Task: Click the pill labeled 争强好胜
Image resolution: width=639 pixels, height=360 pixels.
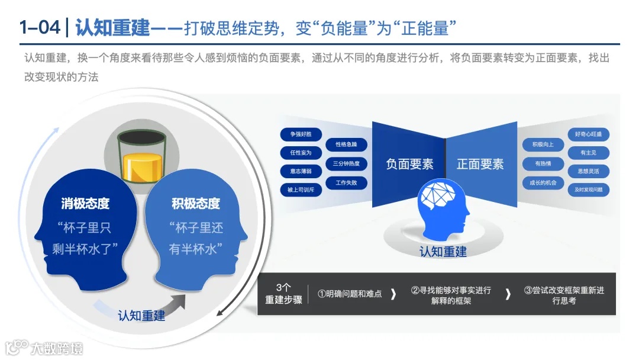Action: (301, 134)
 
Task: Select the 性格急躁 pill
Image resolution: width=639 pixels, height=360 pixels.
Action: (346, 144)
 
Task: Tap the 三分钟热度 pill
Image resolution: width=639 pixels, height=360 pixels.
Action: (346, 164)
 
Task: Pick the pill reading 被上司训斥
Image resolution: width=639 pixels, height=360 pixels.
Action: (301, 190)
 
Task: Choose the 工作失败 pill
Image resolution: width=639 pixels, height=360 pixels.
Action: (346, 183)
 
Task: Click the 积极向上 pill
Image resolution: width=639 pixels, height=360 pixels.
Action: (539, 144)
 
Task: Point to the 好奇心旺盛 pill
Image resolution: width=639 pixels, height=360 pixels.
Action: (588, 134)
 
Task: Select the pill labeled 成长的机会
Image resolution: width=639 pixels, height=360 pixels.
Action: (539, 183)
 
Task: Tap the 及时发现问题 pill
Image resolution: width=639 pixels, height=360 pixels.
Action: (588, 190)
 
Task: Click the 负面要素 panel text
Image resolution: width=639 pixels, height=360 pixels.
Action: (409, 164)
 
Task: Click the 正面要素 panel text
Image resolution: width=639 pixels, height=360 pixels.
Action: (480, 164)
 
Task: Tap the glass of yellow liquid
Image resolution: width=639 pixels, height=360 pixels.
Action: (140, 156)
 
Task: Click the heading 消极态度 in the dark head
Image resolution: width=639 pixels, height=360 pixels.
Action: (85, 204)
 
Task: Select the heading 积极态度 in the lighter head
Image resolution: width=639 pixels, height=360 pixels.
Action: (195, 204)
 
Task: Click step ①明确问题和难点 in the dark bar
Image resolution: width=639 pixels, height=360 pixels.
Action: (350, 293)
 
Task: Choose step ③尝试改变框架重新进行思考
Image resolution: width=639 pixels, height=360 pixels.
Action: (564, 295)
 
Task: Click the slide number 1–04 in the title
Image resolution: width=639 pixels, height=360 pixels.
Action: (39, 27)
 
